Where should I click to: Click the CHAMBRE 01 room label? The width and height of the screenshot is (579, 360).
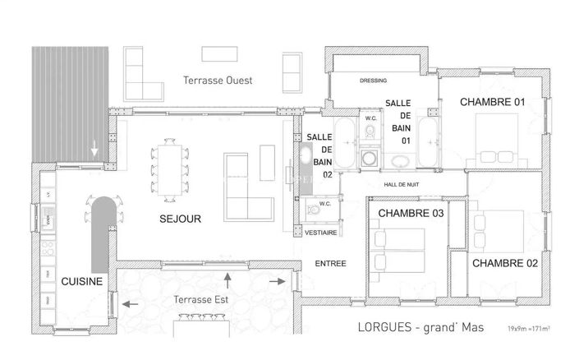(x=492, y=102)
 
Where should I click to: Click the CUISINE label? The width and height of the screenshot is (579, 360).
(x=82, y=281)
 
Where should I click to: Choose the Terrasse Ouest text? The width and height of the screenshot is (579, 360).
(x=218, y=81)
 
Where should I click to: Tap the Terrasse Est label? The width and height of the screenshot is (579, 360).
(x=191, y=299)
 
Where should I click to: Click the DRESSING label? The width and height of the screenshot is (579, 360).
(x=374, y=81)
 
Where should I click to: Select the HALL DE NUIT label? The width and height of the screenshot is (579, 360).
(x=401, y=185)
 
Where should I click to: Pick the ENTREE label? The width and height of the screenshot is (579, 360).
(x=330, y=264)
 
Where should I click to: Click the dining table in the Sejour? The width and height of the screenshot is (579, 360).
(x=170, y=169)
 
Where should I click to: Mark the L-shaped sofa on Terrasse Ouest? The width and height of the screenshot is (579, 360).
(x=143, y=75)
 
